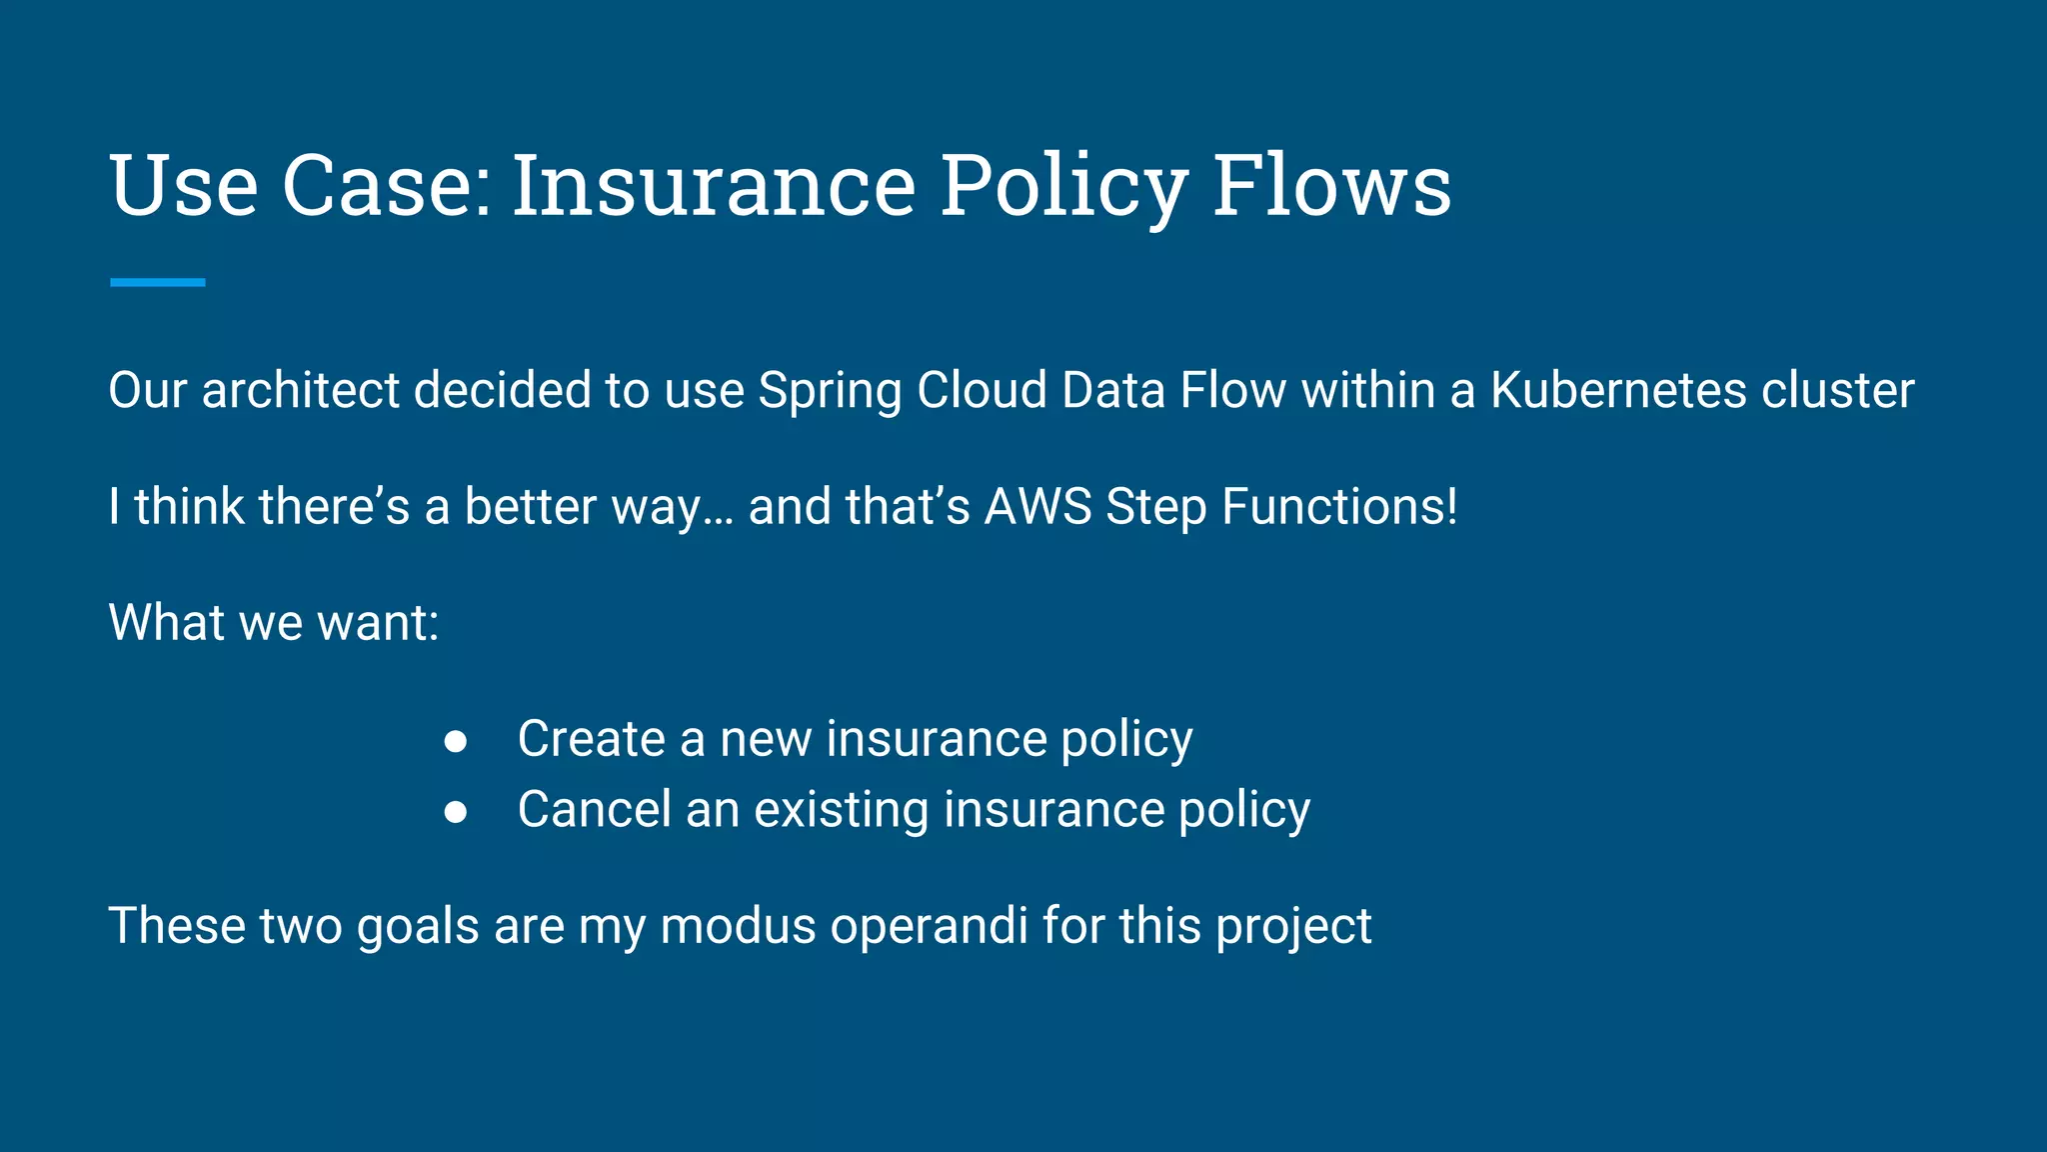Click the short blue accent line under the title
(x=158, y=283)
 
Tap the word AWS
(x=1037, y=506)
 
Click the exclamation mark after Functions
(x=1451, y=506)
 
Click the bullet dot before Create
(x=456, y=741)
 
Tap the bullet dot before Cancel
(x=456, y=812)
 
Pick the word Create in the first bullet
(x=591, y=739)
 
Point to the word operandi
(x=929, y=926)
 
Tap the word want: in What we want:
(x=378, y=623)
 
